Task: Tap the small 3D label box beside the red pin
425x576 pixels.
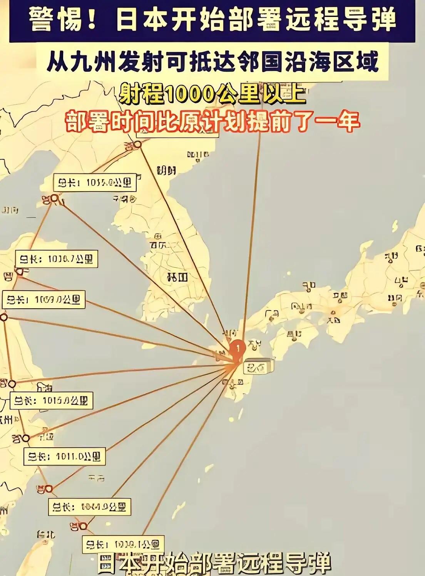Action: [260, 366]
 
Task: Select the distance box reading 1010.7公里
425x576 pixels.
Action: [56, 259]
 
